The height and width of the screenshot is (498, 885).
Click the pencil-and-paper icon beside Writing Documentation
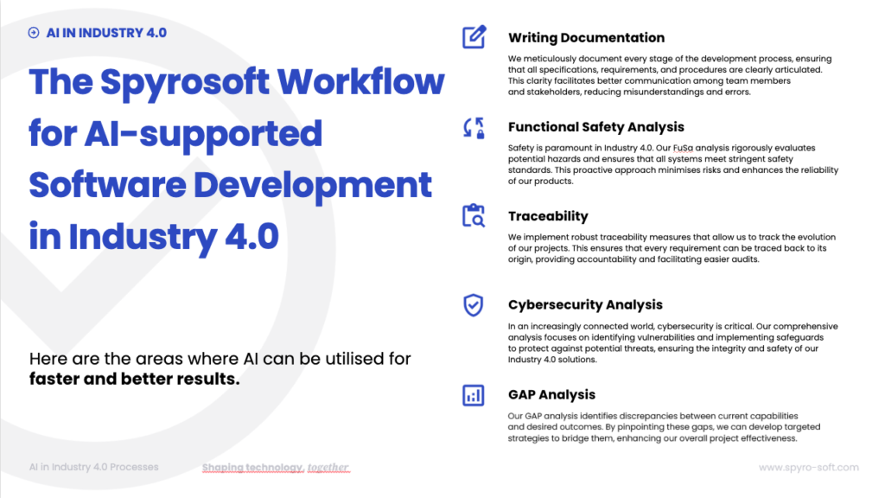(x=474, y=37)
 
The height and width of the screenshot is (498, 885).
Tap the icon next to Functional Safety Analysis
(x=474, y=128)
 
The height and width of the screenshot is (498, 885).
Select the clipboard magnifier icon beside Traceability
(x=474, y=215)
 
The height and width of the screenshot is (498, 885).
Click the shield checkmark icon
(x=473, y=305)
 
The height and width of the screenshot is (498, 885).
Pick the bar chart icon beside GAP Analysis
(x=473, y=395)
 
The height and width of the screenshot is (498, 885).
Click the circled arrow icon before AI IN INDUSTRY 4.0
(x=34, y=33)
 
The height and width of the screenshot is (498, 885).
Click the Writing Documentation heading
(x=586, y=38)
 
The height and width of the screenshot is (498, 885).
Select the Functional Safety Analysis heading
(x=596, y=127)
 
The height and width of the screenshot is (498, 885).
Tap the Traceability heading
(x=548, y=216)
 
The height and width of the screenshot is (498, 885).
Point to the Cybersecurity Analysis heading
(x=585, y=305)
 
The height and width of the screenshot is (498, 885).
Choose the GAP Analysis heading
(x=551, y=394)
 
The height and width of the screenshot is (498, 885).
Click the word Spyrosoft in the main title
(x=185, y=83)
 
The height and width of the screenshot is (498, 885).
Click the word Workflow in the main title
(x=360, y=81)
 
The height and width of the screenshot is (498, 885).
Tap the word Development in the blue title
(x=313, y=186)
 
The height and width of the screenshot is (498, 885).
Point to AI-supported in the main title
(x=204, y=135)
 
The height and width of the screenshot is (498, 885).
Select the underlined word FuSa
(x=683, y=148)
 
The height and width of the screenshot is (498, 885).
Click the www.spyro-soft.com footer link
(x=809, y=468)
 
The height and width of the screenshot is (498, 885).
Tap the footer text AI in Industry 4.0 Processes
(x=93, y=467)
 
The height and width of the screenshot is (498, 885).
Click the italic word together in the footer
(x=328, y=468)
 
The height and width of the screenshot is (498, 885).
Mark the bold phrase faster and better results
(x=134, y=379)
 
